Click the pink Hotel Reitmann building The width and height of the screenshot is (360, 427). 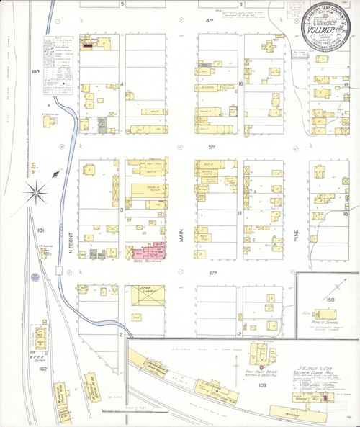(x=153, y=251)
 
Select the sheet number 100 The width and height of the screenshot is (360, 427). (x=35, y=72)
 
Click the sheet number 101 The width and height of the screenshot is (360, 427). (x=41, y=230)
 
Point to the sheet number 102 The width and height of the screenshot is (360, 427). (x=42, y=369)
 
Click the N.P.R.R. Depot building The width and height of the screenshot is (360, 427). (x=39, y=338)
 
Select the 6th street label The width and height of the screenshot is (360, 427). (x=212, y=273)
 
